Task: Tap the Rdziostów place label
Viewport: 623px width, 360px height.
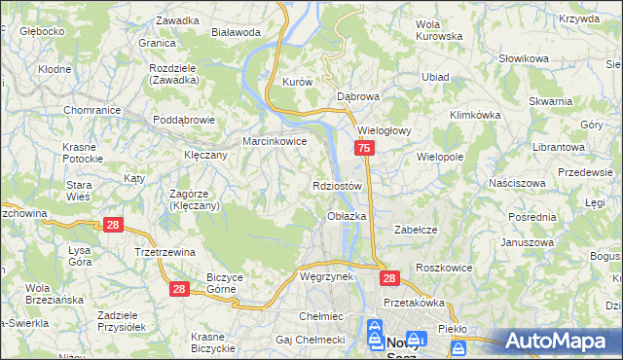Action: pyautogui.click(x=339, y=185)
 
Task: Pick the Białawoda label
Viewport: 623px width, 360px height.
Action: pyautogui.click(x=237, y=32)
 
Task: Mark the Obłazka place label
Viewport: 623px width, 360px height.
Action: pyautogui.click(x=347, y=216)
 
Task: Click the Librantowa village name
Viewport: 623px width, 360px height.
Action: pyautogui.click(x=558, y=146)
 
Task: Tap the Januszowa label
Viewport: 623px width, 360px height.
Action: pyautogui.click(x=527, y=242)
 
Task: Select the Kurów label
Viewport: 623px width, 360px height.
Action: pyautogui.click(x=296, y=83)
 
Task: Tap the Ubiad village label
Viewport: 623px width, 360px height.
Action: pyautogui.click(x=435, y=77)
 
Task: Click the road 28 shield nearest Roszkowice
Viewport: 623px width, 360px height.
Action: pyautogui.click(x=389, y=278)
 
